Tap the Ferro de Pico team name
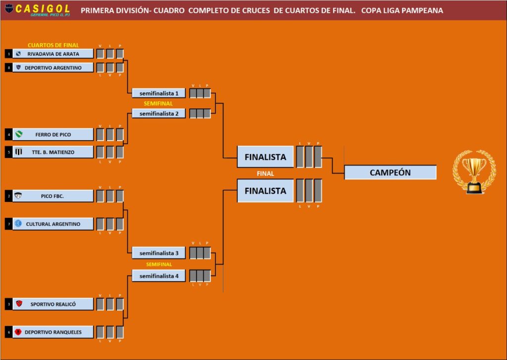pos(53,135)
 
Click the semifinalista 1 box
pos(158,93)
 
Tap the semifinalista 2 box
pos(158,113)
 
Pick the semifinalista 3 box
pos(158,253)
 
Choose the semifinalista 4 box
pos(158,276)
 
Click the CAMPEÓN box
pos(390,172)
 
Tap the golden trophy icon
pos(473,172)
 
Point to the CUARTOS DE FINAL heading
pos(53,45)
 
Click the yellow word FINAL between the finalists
pos(265,174)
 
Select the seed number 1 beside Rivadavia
pos(8,54)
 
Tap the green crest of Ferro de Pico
pos(19,134)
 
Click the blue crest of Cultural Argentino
pos(18,224)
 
